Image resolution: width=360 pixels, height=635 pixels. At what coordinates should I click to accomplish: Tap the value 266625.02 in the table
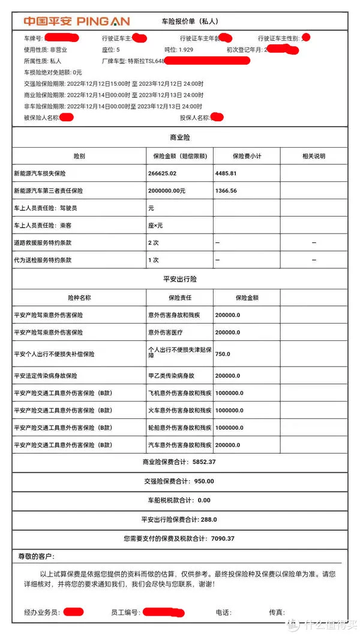(166, 173)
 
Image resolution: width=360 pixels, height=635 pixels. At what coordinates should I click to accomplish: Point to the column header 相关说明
(313, 156)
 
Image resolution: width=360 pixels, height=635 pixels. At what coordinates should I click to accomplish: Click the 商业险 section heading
(180, 137)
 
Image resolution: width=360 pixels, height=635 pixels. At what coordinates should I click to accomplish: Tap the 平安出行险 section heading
(180, 279)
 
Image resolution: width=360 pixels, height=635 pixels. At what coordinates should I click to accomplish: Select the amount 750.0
(223, 354)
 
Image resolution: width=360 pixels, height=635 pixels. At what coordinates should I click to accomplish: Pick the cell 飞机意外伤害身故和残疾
(179, 393)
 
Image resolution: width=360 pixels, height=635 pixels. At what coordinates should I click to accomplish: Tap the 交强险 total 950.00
(203, 481)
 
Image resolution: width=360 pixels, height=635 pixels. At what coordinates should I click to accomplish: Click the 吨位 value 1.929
(186, 50)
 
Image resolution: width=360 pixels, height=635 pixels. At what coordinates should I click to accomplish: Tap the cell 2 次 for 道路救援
(154, 242)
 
